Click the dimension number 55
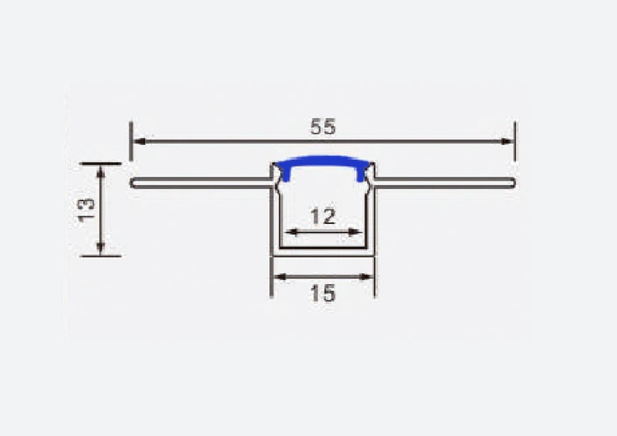coord(323,127)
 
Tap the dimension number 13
coord(86,209)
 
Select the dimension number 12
coord(323,217)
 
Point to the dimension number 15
coord(322,293)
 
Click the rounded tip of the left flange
coord(133,183)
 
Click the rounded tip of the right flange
coord(512,183)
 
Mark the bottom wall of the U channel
coord(322,252)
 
